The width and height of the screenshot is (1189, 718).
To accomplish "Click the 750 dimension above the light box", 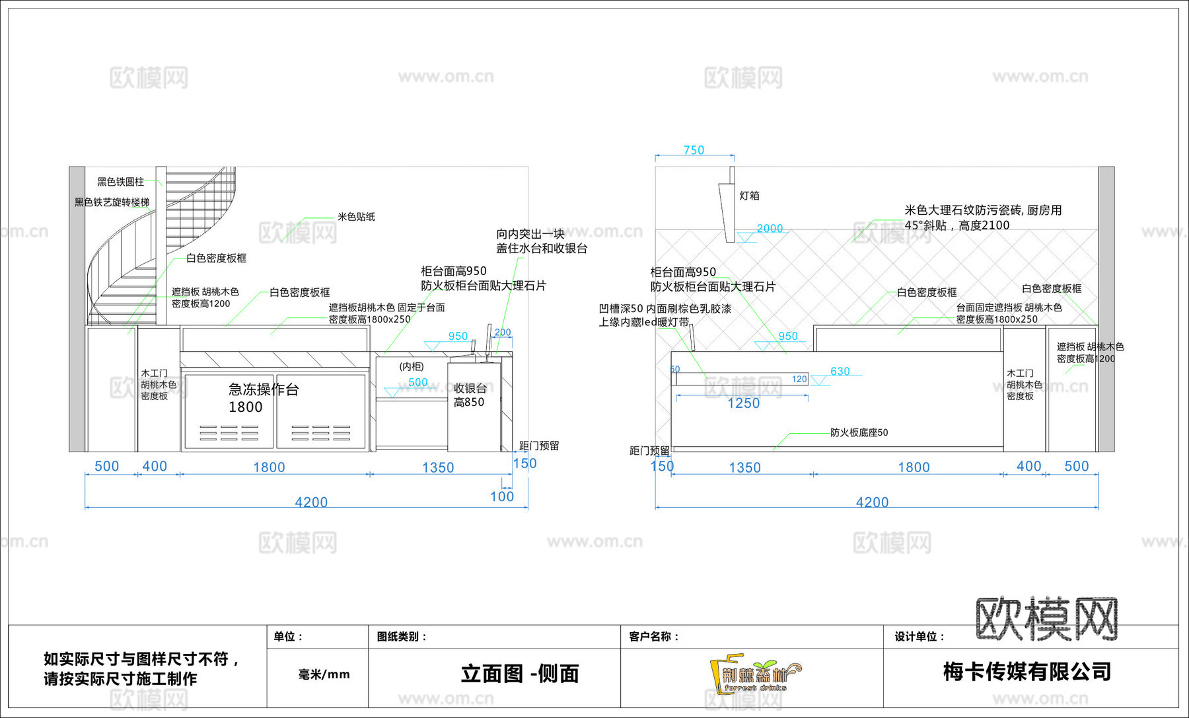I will [x=694, y=150].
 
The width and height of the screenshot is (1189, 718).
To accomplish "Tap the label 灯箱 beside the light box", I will [x=749, y=196].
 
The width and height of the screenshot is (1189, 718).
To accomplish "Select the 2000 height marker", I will [x=770, y=228].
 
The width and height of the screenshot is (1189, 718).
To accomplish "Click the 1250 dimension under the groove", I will [x=743, y=403].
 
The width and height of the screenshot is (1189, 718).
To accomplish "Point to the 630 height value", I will [x=840, y=372].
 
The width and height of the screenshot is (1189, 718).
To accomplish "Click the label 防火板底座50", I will [x=859, y=432].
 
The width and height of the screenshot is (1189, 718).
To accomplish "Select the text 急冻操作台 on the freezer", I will [x=264, y=389].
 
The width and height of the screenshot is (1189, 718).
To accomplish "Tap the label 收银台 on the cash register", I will [x=470, y=388].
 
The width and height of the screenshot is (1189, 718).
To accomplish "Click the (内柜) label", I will [x=412, y=366].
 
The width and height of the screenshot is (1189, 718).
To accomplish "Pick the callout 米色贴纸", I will [x=356, y=217].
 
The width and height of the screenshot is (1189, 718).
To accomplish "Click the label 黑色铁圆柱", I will [x=120, y=182].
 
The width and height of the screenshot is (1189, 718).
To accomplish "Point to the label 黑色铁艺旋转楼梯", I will [x=112, y=202].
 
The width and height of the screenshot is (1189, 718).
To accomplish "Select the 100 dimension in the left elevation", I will [x=502, y=497].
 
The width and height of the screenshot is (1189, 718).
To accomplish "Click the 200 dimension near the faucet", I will [x=503, y=333].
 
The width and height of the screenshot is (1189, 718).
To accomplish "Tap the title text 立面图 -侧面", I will [x=520, y=674].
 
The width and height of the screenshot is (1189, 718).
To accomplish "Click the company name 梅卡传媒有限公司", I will [x=1027, y=672].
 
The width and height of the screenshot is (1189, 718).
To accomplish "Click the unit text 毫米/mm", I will [x=324, y=674].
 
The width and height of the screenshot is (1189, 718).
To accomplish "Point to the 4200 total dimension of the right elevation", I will [x=872, y=502].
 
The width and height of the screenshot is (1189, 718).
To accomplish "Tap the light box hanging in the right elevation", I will [x=728, y=205].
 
